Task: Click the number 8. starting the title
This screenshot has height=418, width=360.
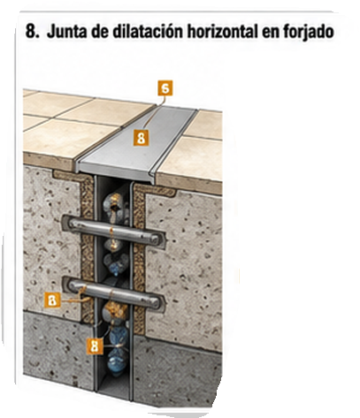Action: (33, 31)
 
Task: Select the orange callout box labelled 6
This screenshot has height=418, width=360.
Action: (165, 87)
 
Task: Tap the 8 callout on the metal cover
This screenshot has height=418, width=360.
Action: (141, 138)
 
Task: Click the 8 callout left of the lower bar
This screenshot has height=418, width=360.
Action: (52, 300)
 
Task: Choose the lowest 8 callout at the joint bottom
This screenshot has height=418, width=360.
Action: (95, 346)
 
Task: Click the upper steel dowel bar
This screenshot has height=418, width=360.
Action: (113, 230)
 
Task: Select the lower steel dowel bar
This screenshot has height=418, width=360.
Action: (113, 293)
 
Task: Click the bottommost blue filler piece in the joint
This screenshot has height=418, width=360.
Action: (118, 361)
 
